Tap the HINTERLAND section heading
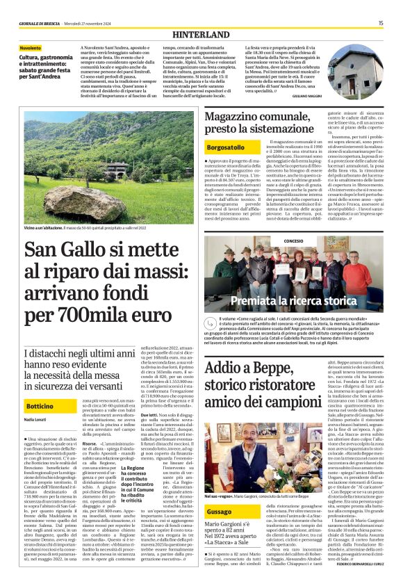point(201,33)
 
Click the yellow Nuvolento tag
point(31,48)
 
